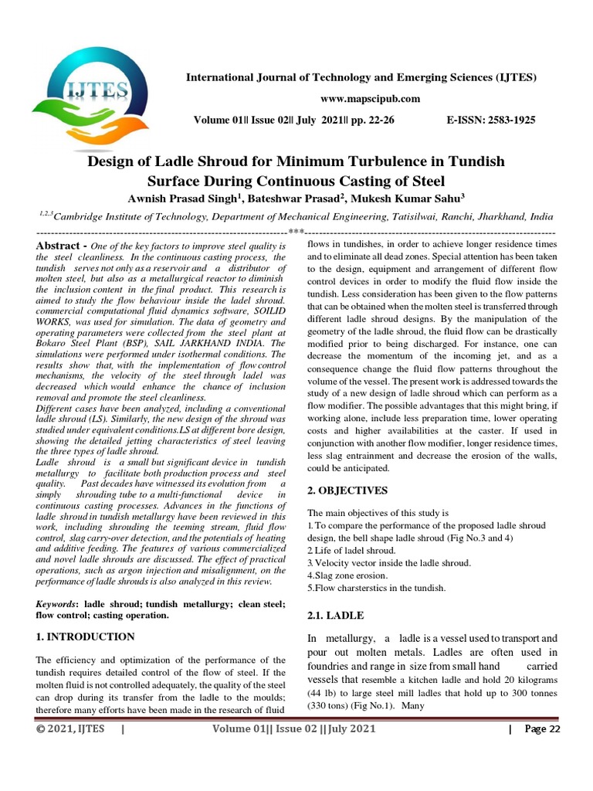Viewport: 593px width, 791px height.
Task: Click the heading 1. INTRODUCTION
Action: (86, 637)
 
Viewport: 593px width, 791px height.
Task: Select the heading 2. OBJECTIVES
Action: (347, 491)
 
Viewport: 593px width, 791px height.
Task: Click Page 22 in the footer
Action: (542, 729)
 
